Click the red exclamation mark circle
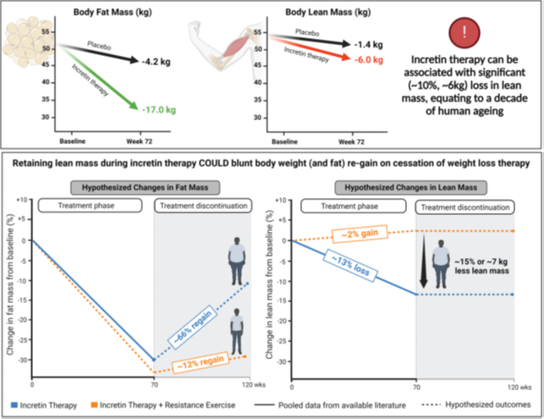coord(464,32)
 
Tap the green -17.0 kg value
coord(159,110)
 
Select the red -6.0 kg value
coord(369,60)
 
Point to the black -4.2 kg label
coord(157,62)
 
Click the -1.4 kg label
coord(369,45)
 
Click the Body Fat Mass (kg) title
coord(113,12)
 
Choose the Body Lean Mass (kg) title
coord(328,12)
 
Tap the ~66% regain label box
coord(193,327)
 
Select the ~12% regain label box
coord(201,363)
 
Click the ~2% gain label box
coord(360,234)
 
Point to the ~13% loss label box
coord(350,266)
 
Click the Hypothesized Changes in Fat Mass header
coord(145,188)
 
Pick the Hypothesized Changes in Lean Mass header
coord(411,188)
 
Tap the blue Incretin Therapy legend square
coord(14,405)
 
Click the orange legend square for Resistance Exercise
coord(94,405)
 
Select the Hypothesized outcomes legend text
coord(488,405)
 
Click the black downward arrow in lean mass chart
coord(424,261)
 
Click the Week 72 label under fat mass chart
coord(139,141)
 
